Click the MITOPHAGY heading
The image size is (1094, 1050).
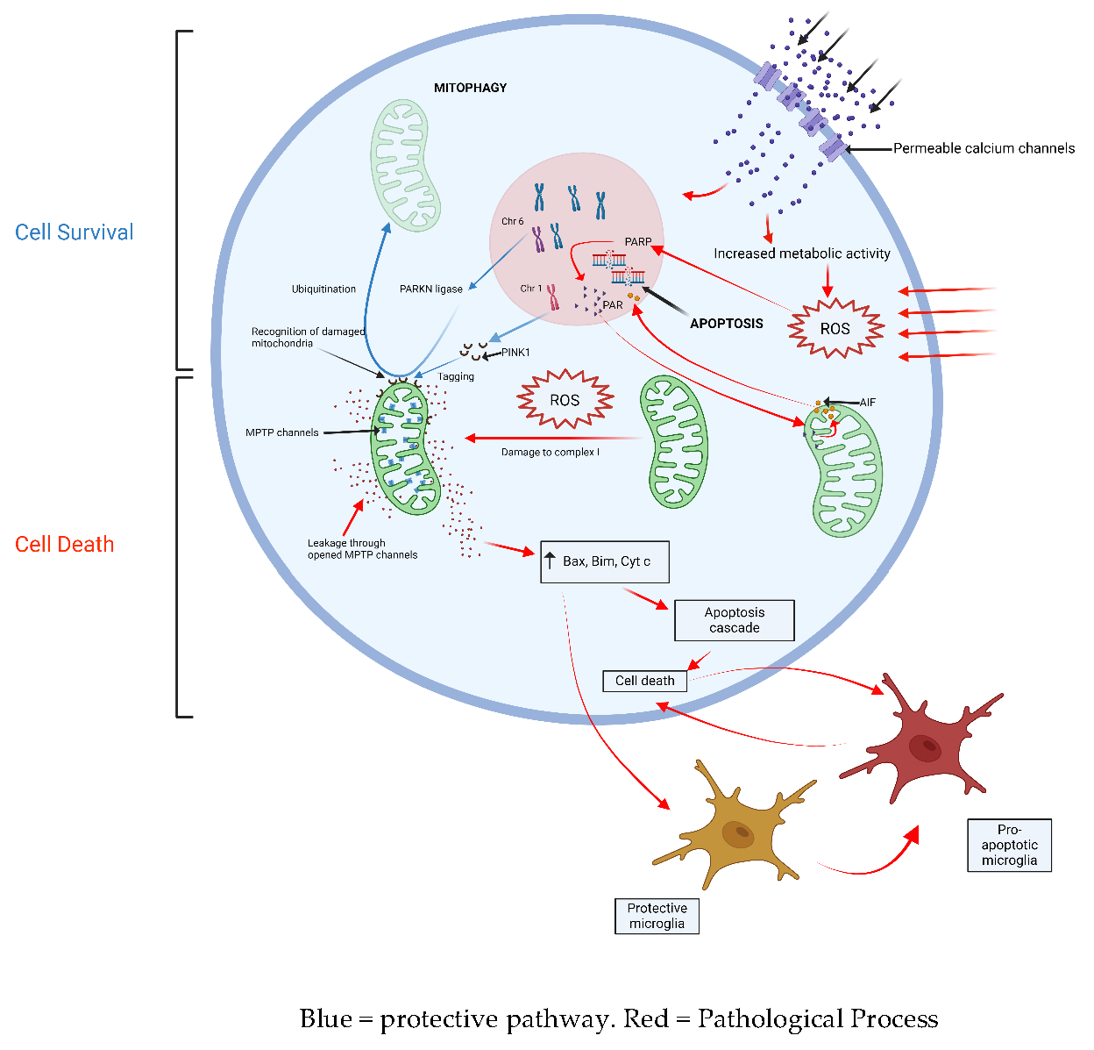(470, 88)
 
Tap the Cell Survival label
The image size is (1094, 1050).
(75, 232)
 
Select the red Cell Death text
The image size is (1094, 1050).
(64, 545)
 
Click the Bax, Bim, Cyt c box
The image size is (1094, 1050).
(605, 561)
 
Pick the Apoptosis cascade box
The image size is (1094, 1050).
(735, 620)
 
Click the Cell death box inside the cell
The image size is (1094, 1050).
(644, 681)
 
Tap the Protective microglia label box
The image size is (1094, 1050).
(657, 916)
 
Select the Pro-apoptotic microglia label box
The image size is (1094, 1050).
(1009, 845)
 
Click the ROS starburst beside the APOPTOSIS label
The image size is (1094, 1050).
(835, 329)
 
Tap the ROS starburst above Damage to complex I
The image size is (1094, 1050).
(565, 400)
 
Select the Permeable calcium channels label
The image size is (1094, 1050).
(984, 148)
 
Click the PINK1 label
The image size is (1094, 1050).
(515, 353)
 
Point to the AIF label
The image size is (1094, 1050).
(868, 402)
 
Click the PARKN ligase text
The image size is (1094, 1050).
(430, 289)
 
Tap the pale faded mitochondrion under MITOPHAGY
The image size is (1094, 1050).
(405, 165)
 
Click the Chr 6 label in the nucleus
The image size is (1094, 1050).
(512, 221)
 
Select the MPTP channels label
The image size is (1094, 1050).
(281, 432)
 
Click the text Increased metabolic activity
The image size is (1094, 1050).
(801, 254)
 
